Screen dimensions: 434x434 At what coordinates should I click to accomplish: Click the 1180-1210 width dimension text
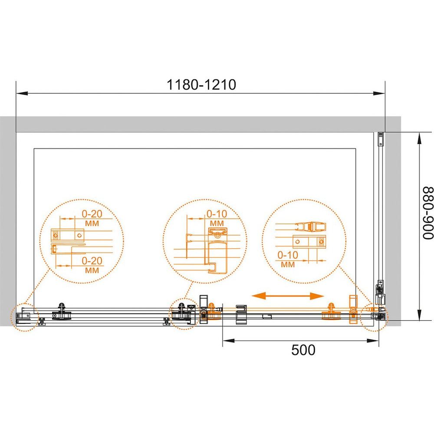click(201, 85)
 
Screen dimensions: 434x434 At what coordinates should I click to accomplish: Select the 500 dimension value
click(303, 350)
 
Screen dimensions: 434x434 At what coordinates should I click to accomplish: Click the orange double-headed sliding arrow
click(288, 296)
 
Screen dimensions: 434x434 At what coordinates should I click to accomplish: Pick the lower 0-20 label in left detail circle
click(92, 260)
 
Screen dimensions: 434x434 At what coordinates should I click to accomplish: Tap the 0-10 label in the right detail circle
click(288, 255)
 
